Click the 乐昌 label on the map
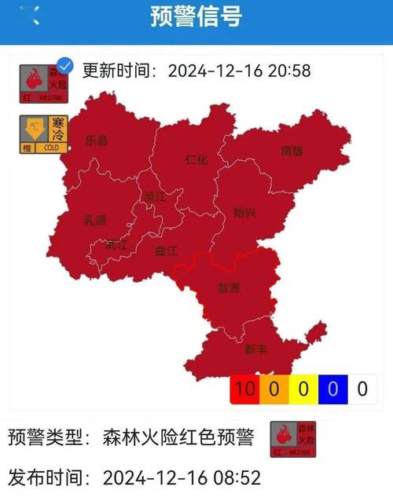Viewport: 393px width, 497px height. pyautogui.click(x=97, y=141)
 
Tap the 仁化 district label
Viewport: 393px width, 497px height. pyautogui.click(x=196, y=159)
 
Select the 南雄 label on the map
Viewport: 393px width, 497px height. pyautogui.click(x=292, y=152)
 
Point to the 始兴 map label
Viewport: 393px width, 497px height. pyautogui.click(x=244, y=212)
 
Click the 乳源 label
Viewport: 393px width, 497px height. pyautogui.click(x=95, y=221)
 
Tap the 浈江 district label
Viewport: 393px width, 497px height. pyautogui.click(x=155, y=197)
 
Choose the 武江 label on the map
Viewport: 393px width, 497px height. pyautogui.click(x=116, y=244)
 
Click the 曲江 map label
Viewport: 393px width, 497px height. pyautogui.click(x=167, y=251)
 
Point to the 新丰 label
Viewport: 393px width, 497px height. pyautogui.click(x=255, y=349)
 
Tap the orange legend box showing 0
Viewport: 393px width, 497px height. pyautogui.click(x=275, y=388)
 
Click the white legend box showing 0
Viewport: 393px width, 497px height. pyautogui.click(x=362, y=388)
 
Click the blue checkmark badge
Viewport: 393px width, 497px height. pyautogui.click(x=66, y=66)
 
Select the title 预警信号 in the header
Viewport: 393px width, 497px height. pyautogui.click(x=196, y=17)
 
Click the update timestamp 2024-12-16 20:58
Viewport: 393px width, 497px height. pyautogui.click(x=240, y=71)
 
